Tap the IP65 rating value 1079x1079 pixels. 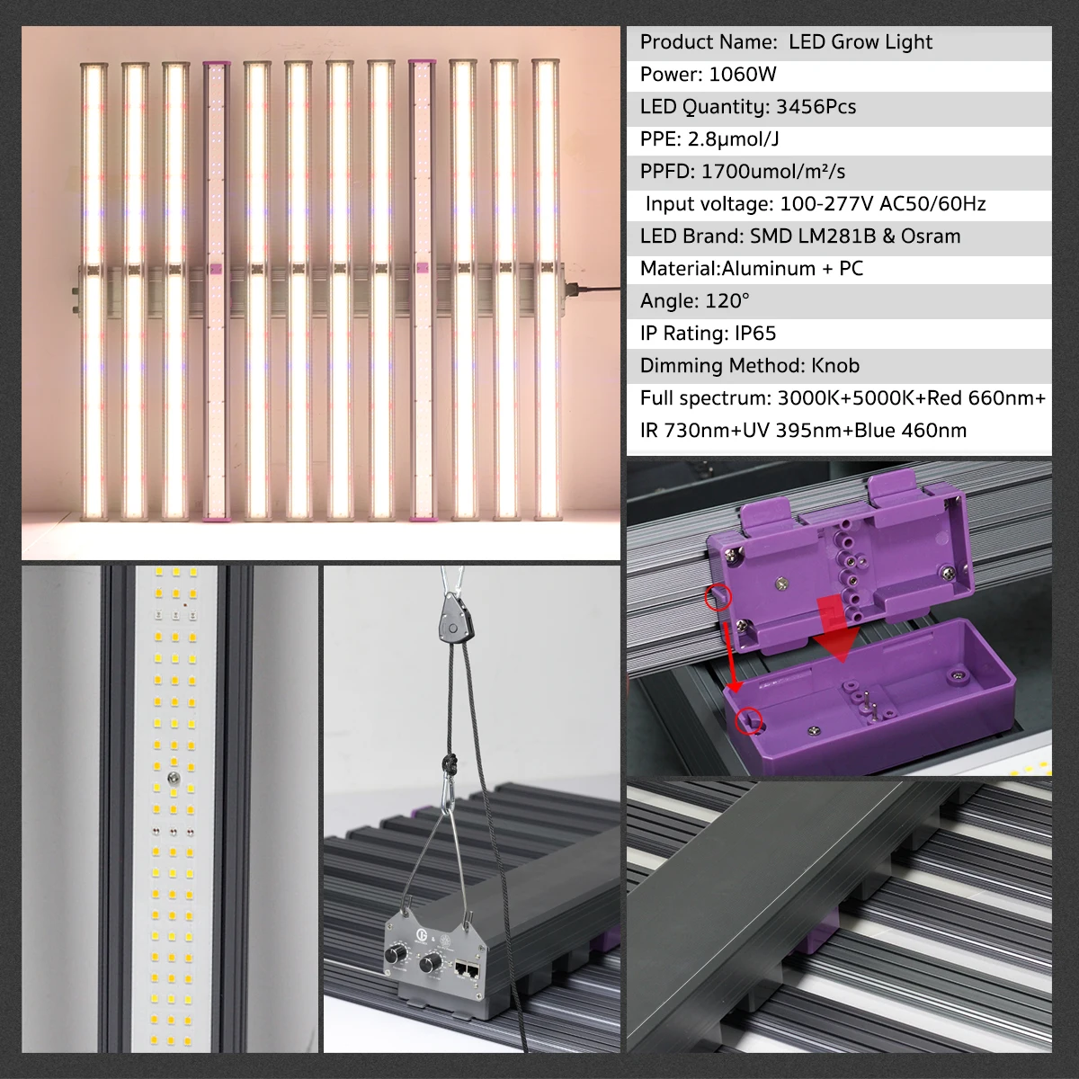point(748,334)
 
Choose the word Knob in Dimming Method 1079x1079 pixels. point(835,366)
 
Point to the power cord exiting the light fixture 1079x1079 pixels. point(593,289)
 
